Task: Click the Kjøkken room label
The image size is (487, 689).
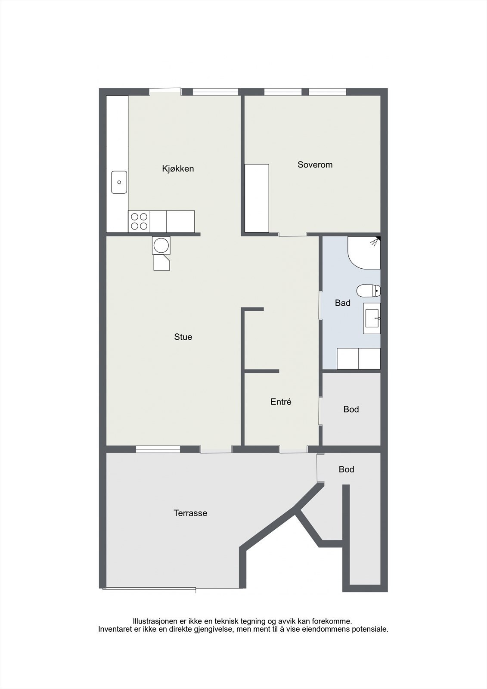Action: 178,169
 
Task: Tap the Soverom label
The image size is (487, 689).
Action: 315,164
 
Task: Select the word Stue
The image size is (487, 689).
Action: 183,337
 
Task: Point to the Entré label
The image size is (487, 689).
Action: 281,402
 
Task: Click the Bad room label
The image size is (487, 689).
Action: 342,303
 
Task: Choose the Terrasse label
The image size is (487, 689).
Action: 190,513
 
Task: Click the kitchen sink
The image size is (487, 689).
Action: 119,182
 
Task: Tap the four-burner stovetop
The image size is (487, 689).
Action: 139,221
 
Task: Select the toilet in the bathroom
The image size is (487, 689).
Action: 369,291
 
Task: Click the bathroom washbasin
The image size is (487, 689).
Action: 372,318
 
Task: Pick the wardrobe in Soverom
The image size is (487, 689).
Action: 257,198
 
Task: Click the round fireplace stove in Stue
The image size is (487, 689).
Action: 161,245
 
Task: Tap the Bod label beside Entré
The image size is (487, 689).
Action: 351,409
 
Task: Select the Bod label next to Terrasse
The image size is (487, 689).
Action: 346,469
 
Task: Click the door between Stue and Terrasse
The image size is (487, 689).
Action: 216,450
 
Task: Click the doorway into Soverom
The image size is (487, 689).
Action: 292,235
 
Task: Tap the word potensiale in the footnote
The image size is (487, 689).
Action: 371,629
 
